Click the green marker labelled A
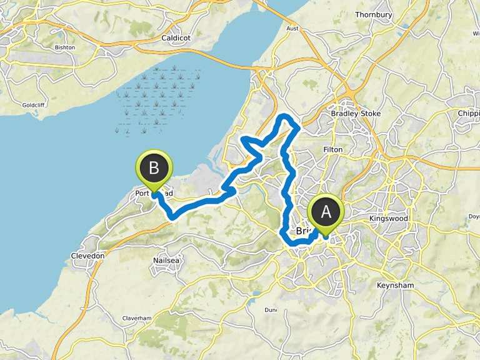click(326, 213)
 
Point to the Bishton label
click(64, 47)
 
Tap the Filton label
click(332, 150)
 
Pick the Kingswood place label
click(388, 219)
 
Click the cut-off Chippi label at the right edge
click(469, 114)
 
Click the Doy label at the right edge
click(474, 217)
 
